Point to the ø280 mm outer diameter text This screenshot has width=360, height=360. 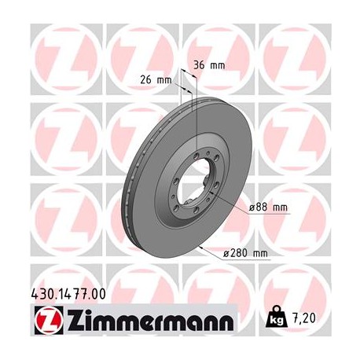pos(246,252)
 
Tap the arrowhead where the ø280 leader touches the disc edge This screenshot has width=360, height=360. pos(203,248)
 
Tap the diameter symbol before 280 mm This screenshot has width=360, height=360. pos(227,252)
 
